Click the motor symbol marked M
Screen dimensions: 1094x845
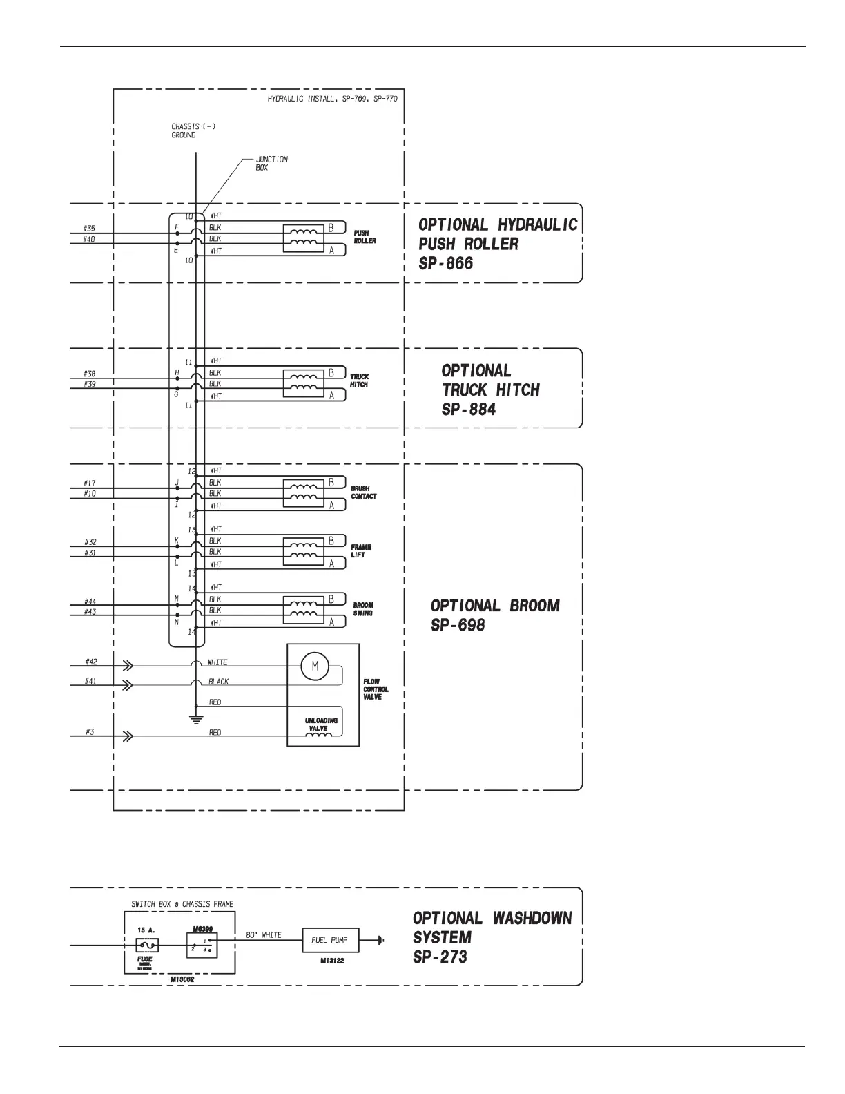click(x=315, y=666)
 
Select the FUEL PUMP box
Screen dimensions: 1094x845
click(x=330, y=940)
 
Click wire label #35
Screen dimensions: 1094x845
click(x=89, y=228)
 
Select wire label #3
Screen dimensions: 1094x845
click(x=90, y=732)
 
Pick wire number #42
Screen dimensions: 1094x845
click(x=91, y=662)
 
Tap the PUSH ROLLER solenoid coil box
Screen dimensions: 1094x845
click(x=304, y=239)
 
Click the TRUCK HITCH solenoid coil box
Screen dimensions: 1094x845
click(x=304, y=384)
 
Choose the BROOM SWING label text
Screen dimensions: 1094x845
click(x=363, y=609)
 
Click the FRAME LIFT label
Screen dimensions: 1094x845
click(x=361, y=551)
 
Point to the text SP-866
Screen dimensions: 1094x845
click(x=446, y=263)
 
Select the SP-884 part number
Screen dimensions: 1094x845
click(x=469, y=409)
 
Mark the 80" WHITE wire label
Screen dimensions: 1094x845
click(x=264, y=935)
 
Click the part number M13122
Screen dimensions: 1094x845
click(x=332, y=961)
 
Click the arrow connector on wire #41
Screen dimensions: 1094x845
click(x=128, y=684)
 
